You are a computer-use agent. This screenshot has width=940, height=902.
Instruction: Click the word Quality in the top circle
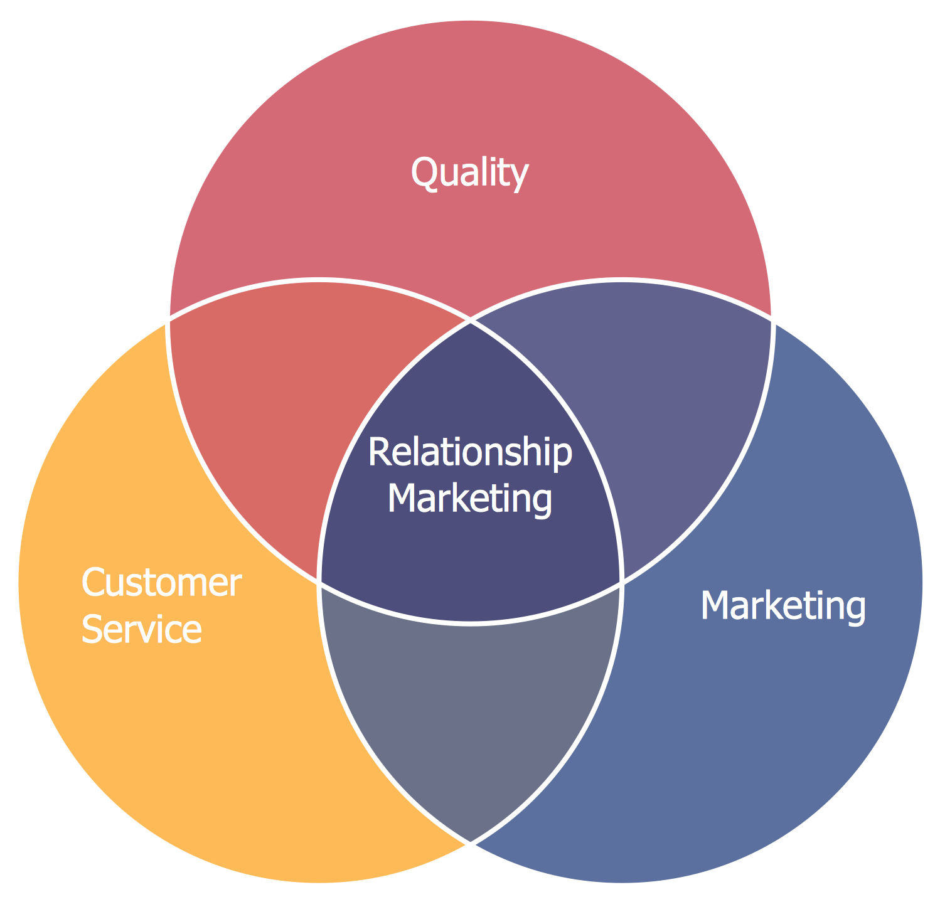469,174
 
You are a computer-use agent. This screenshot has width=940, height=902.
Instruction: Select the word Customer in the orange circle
161,583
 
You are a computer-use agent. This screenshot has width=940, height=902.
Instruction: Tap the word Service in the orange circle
142,629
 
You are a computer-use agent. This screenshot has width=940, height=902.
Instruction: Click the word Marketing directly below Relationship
470,499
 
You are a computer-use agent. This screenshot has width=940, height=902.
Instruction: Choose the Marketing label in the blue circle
783,607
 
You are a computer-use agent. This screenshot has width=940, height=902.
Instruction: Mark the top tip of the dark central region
471,321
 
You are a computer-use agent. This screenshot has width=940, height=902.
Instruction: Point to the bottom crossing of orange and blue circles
471,843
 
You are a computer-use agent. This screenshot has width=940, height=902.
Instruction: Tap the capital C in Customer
93,583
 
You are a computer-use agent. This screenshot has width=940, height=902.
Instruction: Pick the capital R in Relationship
380,452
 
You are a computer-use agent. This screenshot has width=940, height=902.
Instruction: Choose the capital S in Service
92,629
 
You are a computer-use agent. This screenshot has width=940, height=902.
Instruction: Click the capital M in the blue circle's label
715,605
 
